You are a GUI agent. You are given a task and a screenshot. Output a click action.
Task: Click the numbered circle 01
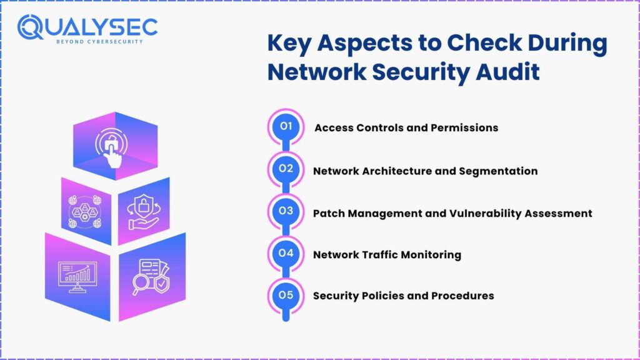coord(286,126)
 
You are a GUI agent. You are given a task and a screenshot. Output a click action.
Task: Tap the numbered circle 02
coord(286,168)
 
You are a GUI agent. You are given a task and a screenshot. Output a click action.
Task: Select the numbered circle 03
coord(286,211)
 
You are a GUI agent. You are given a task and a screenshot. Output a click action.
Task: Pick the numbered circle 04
coord(286,253)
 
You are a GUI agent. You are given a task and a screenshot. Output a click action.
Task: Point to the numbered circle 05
coord(286,295)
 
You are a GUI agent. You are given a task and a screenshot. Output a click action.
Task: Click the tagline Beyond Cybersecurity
coord(91,42)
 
